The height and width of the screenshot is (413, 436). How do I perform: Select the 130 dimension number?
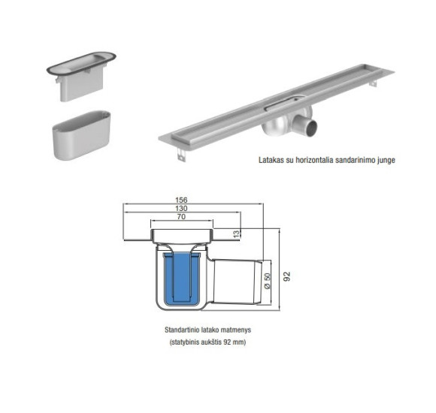point(180,210)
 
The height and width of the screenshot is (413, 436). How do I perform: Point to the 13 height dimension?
point(238,234)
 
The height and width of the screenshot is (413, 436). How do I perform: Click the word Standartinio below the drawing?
point(182,330)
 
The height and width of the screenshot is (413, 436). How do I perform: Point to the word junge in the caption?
point(383,160)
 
